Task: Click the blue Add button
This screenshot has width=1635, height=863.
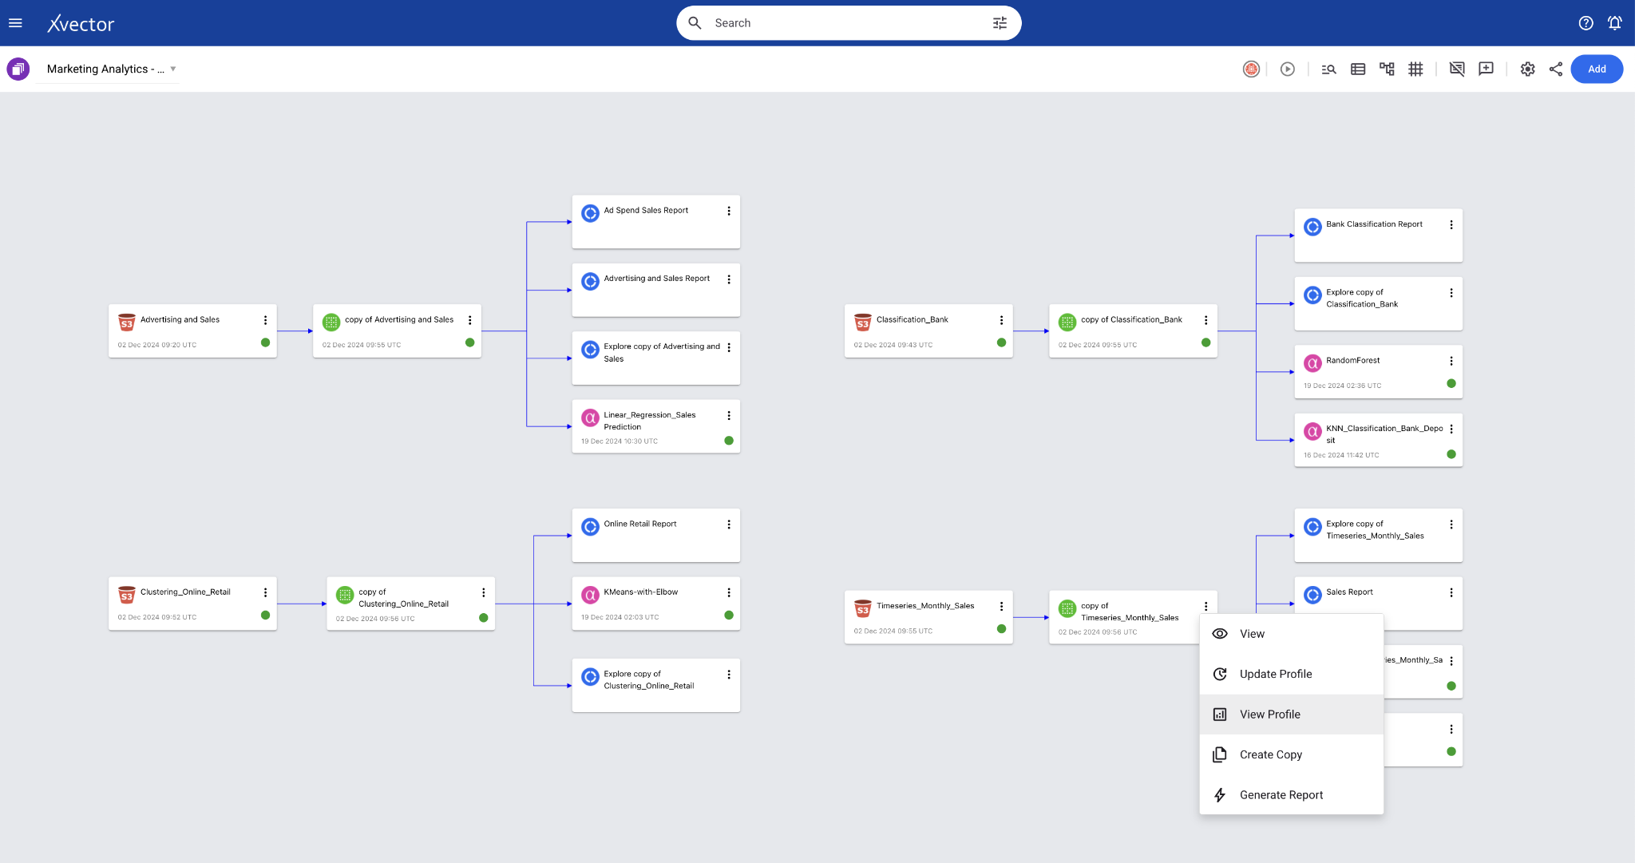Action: (1597, 69)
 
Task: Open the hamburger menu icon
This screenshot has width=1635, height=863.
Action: (15, 23)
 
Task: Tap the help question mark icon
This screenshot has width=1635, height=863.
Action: (1586, 23)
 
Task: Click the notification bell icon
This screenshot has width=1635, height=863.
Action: (1614, 23)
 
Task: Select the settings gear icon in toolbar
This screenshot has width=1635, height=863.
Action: (1527, 69)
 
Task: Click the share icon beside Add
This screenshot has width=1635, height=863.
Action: (1556, 69)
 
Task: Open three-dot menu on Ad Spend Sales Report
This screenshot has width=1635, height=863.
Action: (729, 211)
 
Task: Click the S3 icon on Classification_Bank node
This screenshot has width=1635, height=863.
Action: (862, 322)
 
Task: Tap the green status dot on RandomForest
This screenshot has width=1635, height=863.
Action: (1451, 384)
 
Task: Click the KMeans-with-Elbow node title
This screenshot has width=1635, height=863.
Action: (641, 592)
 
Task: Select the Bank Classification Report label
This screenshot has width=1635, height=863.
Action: (1375, 224)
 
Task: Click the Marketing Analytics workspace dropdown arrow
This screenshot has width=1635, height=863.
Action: (173, 69)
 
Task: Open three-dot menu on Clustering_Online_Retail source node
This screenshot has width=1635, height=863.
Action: (266, 592)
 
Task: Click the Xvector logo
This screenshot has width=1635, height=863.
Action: (81, 24)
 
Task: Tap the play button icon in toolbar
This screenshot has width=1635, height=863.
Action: (1288, 69)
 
